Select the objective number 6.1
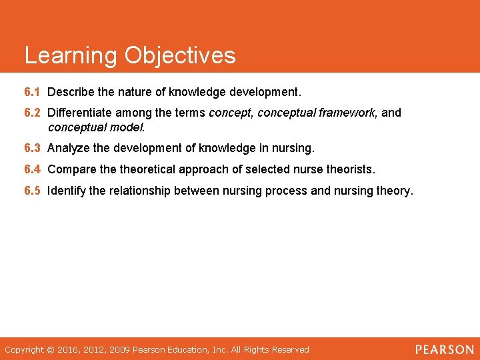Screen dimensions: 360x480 point(32,90)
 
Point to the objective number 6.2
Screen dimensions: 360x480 point(32,113)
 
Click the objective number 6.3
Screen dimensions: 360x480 point(32,147)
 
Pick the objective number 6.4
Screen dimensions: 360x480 point(32,170)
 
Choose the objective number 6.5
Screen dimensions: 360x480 point(32,191)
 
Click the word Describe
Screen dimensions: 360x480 point(72,90)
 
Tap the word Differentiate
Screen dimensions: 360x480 point(81,113)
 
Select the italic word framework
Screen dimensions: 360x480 point(346,113)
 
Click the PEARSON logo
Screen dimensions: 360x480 point(444,349)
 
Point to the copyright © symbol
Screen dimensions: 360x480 point(51,349)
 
